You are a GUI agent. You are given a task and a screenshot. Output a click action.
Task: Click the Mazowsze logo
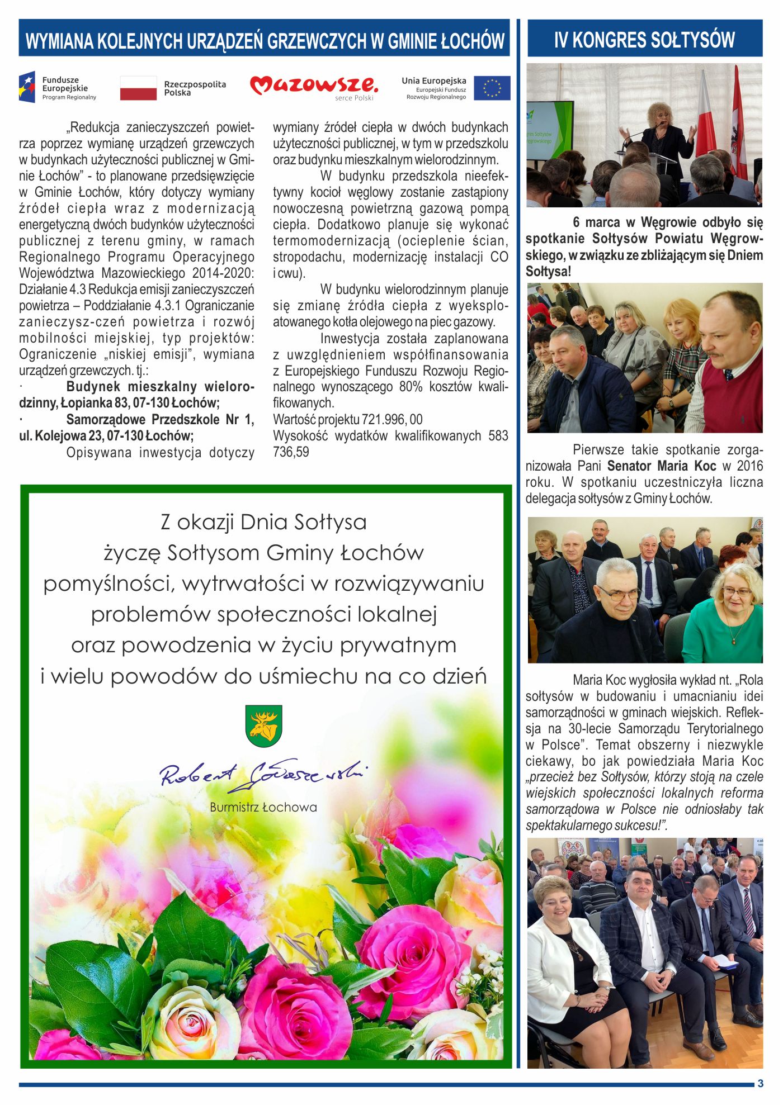click(314, 87)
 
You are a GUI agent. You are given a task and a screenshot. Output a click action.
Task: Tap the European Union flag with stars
click(492, 88)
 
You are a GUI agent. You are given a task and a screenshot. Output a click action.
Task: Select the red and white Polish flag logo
click(138, 88)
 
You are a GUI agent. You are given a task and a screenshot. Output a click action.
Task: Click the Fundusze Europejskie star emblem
click(27, 87)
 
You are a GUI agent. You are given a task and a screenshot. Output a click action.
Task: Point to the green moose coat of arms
click(263, 725)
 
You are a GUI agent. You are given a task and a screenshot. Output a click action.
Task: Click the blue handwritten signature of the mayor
click(263, 775)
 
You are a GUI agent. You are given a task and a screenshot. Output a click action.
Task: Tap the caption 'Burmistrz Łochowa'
click(263, 807)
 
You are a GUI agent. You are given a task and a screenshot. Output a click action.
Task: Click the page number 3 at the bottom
click(760, 1083)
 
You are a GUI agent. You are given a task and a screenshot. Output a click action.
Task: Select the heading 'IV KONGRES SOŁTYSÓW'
click(644, 40)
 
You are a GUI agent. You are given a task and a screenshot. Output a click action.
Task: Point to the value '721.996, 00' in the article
click(392, 419)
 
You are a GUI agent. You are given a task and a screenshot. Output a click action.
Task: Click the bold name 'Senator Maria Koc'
click(662, 466)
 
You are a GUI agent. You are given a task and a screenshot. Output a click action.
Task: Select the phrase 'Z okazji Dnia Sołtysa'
click(263, 522)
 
